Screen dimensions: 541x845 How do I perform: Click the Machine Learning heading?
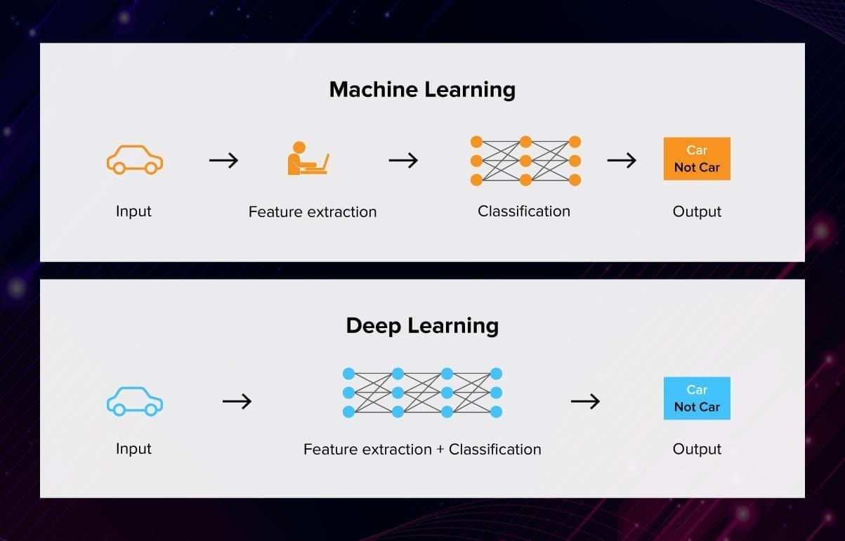(422, 90)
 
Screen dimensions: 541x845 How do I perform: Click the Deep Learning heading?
(422, 326)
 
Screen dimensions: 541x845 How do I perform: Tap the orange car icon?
(134, 159)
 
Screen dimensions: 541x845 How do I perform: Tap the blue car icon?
(134, 401)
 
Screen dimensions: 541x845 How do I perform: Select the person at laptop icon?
(307, 159)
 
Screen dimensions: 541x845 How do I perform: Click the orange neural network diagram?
(525, 161)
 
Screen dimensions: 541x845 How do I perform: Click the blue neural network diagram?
(422, 392)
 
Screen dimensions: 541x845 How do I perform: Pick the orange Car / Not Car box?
(697, 159)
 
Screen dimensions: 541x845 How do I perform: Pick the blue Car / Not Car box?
(697, 398)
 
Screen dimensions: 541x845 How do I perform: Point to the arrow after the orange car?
(223, 160)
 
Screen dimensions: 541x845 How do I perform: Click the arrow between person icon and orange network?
(403, 160)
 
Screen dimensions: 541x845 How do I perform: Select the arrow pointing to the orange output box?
(622, 160)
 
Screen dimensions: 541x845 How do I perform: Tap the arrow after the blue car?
(237, 401)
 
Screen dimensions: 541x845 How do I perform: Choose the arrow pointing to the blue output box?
(585, 401)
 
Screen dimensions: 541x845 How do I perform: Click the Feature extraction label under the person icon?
(313, 212)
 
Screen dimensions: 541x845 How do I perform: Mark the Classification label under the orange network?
(524, 211)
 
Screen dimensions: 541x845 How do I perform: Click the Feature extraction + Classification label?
(422, 450)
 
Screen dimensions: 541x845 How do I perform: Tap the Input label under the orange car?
(133, 211)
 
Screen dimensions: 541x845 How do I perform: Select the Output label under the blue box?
(697, 450)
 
